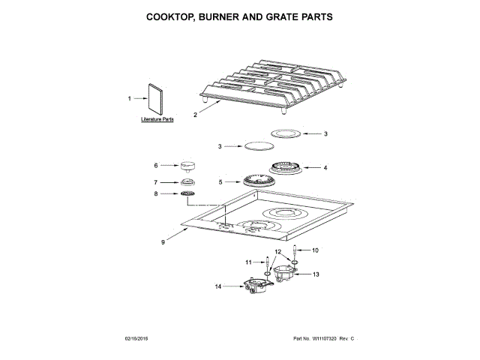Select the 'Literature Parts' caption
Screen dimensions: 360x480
(157, 119)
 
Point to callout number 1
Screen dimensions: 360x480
(129, 97)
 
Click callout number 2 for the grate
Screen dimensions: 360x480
(195, 115)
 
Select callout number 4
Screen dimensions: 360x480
(325, 168)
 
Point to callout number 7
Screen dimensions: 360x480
(156, 181)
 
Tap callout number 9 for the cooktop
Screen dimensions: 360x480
(162, 241)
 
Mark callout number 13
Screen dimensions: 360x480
(316, 274)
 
